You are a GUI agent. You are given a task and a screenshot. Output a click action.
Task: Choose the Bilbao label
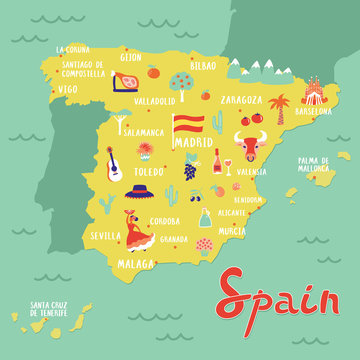coord(203,65)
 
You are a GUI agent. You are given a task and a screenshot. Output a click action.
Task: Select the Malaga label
coord(136,264)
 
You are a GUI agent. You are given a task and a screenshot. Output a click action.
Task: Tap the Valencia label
coord(251,171)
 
